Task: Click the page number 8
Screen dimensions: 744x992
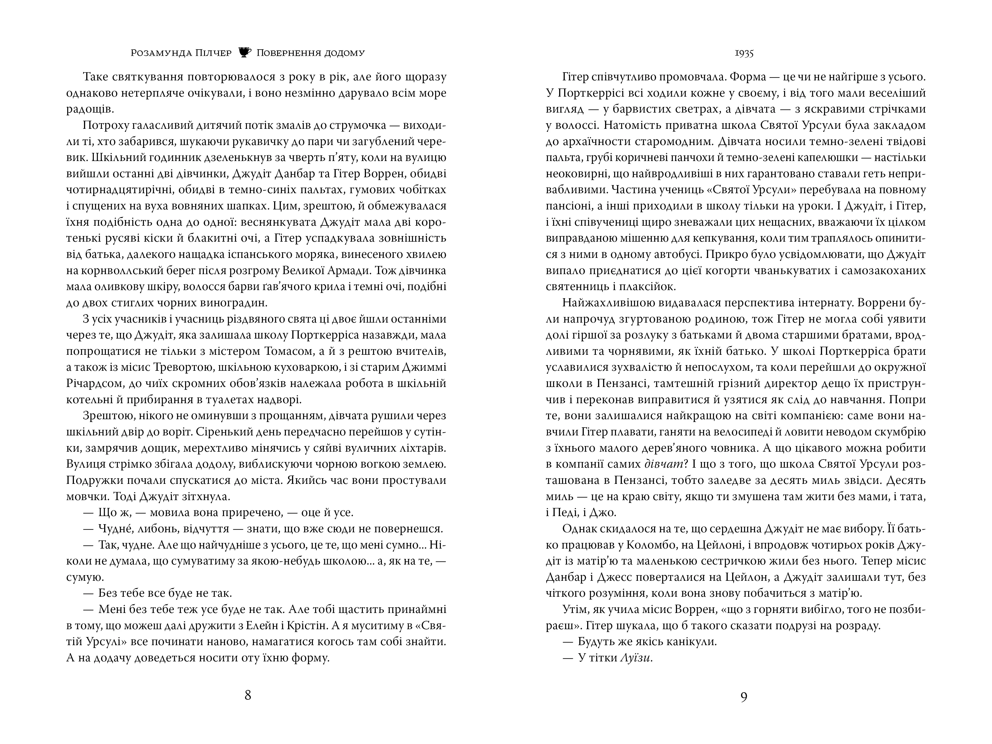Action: (248, 695)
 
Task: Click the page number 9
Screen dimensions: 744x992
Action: (744, 697)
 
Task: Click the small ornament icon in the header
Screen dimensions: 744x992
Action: (244, 52)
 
